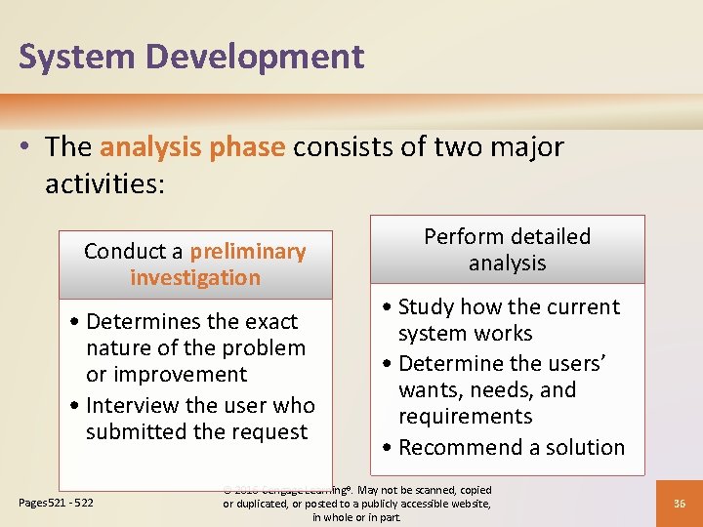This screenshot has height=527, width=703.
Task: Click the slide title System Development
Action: (191, 57)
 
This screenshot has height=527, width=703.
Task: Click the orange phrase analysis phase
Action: (192, 147)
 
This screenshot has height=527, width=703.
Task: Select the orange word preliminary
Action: (248, 252)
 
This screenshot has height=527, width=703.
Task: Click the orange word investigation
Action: (195, 278)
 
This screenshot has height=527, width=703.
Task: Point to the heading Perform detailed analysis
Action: (507, 250)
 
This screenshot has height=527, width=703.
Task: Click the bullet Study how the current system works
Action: (508, 320)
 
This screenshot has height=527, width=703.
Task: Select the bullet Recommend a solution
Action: (511, 448)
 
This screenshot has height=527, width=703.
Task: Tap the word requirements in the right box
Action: (465, 417)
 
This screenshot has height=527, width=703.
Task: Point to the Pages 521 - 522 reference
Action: (56, 503)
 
